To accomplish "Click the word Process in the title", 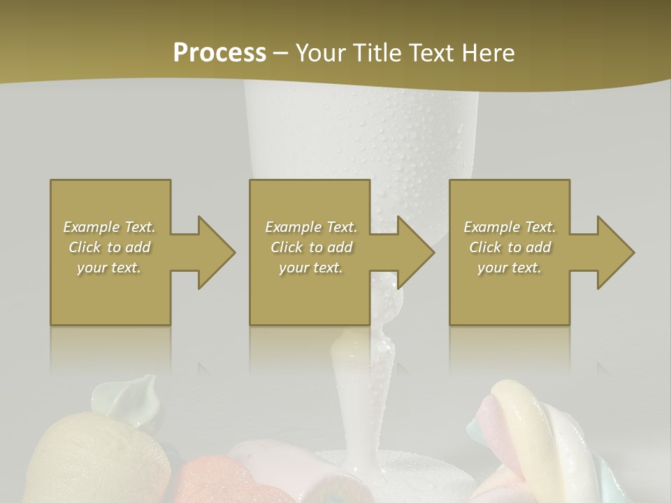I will (x=219, y=53).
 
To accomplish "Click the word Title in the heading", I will (x=375, y=53).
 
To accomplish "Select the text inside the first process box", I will (x=109, y=247).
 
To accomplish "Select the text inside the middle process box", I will (x=311, y=247).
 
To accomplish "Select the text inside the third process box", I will (x=510, y=247).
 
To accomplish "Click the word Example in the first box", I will (x=92, y=227).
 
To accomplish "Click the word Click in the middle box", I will (x=285, y=247).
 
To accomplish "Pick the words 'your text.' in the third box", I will (x=510, y=268).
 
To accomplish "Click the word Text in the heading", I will (x=428, y=53).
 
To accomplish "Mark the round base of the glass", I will (x=370, y=468).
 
